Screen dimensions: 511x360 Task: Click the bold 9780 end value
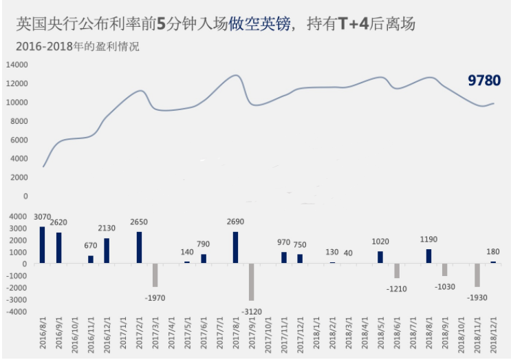[x=484, y=81]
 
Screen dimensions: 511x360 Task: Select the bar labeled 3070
[x=43, y=245]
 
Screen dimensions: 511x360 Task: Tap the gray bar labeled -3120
[x=251, y=282]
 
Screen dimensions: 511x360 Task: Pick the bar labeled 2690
[x=235, y=248]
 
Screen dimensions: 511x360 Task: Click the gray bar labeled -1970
[x=155, y=275]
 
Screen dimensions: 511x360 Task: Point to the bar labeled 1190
[x=429, y=256]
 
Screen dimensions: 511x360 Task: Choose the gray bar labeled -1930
[x=477, y=275]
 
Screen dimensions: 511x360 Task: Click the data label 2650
[x=139, y=222]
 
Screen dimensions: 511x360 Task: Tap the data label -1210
[x=397, y=289]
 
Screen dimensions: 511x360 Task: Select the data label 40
[x=348, y=253]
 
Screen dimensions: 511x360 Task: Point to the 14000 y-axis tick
[x=17, y=65]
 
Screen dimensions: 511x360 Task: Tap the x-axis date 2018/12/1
[x=493, y=335]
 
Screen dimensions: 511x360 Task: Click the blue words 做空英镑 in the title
[x=259, y=24]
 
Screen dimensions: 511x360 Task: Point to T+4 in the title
[x=354, y=24]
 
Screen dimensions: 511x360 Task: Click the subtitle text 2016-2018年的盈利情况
[x=78, y=46]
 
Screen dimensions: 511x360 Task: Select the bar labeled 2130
[x=107, y=251]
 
